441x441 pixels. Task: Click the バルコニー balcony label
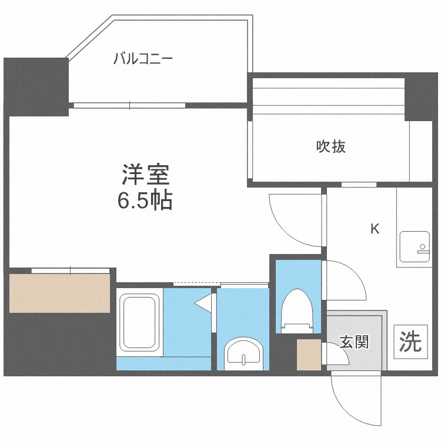click(142, 59)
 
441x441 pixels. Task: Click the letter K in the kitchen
click(374, 229)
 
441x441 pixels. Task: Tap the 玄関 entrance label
click(355, 342)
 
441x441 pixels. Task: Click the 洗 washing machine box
click(411, 341)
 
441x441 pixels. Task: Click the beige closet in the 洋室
click(59, 293)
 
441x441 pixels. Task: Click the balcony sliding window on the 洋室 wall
click(129, 106)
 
